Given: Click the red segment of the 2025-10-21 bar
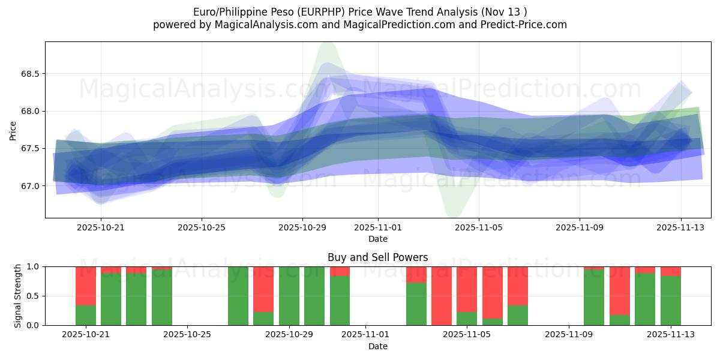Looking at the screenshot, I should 86,286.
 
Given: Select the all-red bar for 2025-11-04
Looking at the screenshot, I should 442,296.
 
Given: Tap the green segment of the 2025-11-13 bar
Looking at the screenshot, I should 671,301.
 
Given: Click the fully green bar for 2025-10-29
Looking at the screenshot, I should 289,296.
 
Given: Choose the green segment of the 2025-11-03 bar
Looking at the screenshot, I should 416,304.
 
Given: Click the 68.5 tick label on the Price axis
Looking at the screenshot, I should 29,74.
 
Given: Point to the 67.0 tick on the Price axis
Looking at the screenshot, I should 29,186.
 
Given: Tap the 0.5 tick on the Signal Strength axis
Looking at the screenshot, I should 32,296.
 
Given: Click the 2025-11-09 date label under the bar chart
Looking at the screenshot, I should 569,335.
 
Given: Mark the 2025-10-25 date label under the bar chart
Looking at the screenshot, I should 188,335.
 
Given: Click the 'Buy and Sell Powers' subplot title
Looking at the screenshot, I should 378,257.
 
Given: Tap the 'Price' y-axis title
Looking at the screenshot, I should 13,130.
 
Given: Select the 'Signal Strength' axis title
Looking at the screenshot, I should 18,296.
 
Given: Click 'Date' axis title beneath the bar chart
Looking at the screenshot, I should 378,346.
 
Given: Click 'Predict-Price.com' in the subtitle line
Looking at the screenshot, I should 525,25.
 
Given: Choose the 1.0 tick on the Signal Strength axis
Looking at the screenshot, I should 32,266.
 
